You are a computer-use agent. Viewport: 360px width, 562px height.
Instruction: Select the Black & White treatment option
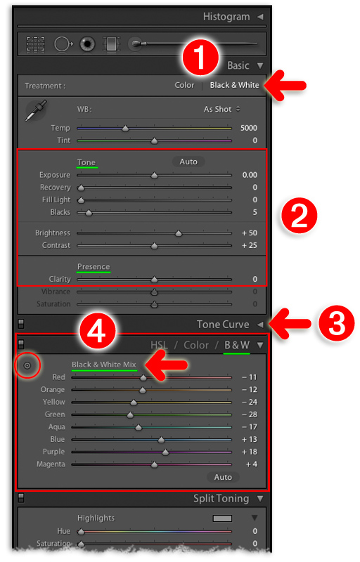point(234,85)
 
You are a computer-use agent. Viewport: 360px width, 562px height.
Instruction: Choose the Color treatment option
point(184,85)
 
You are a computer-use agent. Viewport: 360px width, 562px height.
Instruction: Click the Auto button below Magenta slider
point(223,477)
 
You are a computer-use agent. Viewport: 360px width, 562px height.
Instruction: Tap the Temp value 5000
point(247,129)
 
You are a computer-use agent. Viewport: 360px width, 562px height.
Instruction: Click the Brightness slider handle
point(178,233)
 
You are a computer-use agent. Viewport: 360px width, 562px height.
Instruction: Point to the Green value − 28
point(249,414)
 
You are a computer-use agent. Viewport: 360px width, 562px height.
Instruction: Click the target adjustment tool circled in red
point(27,365)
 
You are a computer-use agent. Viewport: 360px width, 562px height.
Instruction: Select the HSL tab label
point(160,345)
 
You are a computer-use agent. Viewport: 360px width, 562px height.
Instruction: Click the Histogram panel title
point(226,16)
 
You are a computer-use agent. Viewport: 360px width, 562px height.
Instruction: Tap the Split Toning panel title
point(221,498)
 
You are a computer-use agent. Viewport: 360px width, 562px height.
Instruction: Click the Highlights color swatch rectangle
point(222,518)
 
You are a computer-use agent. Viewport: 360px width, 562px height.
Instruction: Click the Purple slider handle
point(165,452)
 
